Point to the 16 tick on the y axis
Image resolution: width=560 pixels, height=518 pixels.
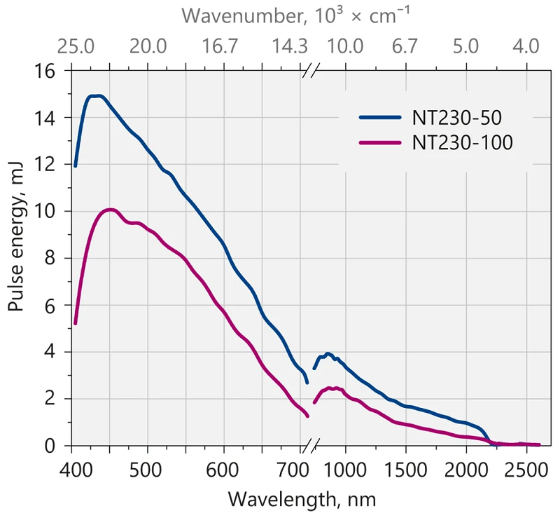coord(50,71)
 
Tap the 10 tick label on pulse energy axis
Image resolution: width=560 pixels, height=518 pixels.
coord(50,212)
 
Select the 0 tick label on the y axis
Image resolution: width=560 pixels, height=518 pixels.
coord(55,446)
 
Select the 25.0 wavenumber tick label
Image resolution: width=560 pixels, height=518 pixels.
coord(76,47)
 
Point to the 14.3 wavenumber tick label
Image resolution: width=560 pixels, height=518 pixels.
coord(289,47)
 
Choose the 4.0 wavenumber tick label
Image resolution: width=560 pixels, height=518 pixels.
coord(526,47)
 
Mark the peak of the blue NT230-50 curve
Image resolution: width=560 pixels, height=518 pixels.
coord(97,95)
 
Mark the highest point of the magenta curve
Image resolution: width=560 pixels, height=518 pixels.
coord(109,209)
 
